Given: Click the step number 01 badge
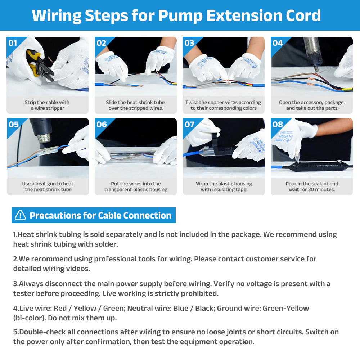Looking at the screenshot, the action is [x=13, y=43].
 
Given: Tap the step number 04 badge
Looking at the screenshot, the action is [x=277, y=43].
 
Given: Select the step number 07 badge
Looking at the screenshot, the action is [x=189, y=125].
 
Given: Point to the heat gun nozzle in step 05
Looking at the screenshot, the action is [x=44, y=138].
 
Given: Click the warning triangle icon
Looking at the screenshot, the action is [x=20, y=215].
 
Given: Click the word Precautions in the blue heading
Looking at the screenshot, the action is [x=55, y=216].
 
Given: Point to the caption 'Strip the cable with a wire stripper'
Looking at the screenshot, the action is [x=47, y=105].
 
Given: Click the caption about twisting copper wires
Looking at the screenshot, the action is [x=224, y=105].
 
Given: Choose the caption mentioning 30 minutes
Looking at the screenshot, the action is [x=312, y=186].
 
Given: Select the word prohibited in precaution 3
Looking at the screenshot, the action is [x=199, y=293].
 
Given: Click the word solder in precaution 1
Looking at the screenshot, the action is [x=106, y=244].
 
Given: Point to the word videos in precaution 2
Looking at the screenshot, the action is [x=78, y=269].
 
